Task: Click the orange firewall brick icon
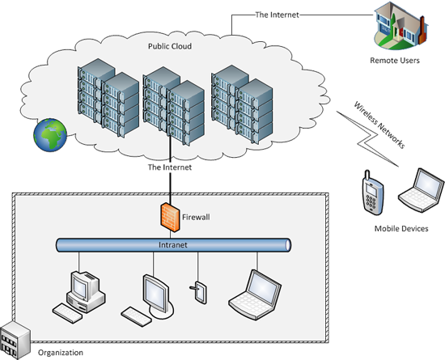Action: coord(170,218)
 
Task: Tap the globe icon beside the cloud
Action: coord(50,135)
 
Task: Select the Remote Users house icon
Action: coord(400,26)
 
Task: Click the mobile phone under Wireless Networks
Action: coord(373,193)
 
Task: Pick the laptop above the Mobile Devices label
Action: coord(422,190)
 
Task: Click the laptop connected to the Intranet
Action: coord(255,295)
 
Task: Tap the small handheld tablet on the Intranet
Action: coord(199,293)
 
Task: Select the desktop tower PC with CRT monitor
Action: coord(78,297)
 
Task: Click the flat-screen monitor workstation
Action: coord(147,300)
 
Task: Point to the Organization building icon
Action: coord(15,340)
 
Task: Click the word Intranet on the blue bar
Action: coord(173,245)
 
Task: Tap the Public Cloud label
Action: coord(170,46)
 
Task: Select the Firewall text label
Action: coord(196,218)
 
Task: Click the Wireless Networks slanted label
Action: coord(379,125)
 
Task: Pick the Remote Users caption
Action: coord(395,61)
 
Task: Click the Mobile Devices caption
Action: coord(401,229)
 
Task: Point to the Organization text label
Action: coord(61,353)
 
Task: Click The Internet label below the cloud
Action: coord(170,167)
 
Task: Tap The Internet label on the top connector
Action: coord(277,15)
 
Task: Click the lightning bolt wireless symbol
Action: coord(367,139)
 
